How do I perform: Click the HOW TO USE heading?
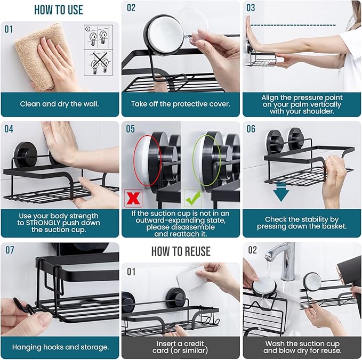coord(59,10)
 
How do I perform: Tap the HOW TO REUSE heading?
coord(181,251)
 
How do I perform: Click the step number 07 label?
coord(10,250)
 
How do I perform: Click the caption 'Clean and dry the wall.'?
coord(60,104)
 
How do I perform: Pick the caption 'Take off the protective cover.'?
coord(181,104)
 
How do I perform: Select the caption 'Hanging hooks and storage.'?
coord(60,347)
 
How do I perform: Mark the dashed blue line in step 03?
coord(293,25)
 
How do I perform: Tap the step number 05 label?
coord(131,128)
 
